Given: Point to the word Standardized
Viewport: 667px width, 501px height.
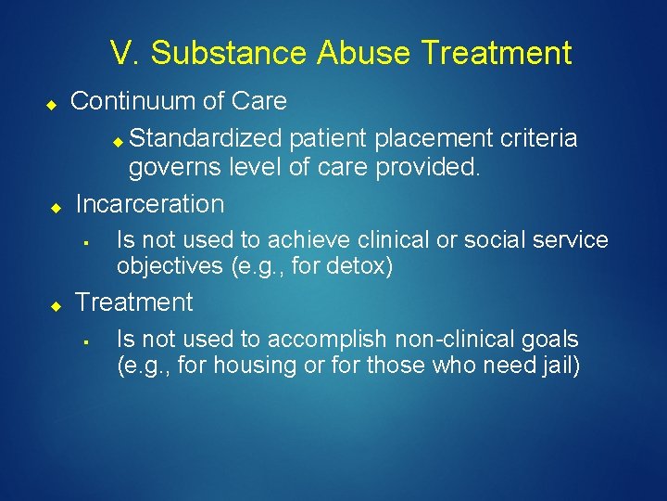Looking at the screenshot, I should tap(206, 139).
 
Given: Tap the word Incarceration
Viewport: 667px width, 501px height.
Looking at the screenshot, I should tap(150, 204).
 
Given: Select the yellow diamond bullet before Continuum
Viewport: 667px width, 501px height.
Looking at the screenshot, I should tap(54, 103).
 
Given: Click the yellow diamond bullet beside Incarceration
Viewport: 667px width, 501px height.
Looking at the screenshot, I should tap(56, 206).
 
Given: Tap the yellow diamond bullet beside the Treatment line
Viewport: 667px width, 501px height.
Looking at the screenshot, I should tap(56, 304).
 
